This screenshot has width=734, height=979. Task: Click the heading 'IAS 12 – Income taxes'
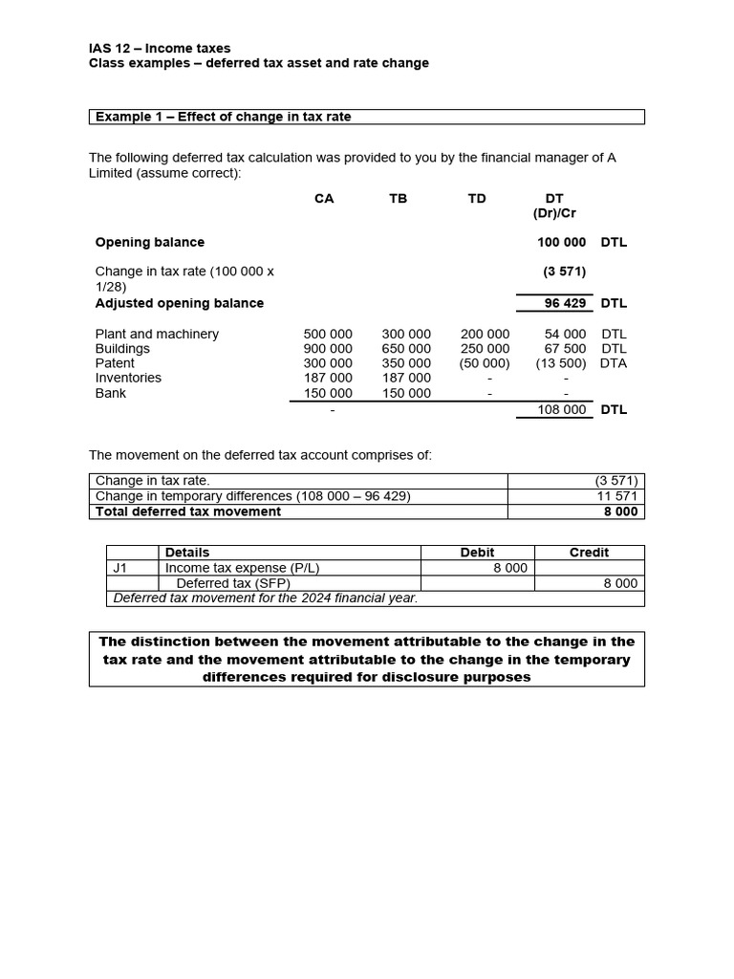pyautogui.click(x=160, y=48)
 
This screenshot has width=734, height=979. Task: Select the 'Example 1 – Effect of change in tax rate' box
pyautogui.click(x=367, y=117)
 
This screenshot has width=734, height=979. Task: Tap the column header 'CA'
pyautogui.click(x=324, y=199)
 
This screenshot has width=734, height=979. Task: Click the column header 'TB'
pyautogui.click(x=399, y=199)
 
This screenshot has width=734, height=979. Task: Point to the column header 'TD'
pyautogui.click(x=477, y=199)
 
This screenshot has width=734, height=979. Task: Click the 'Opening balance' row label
pyautogui.click(x=150, y=242)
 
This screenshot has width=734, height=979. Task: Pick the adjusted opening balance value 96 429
pyautogui.click(x=565, y=303)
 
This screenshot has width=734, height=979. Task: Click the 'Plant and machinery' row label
pyautogui.click(x=157, y=334)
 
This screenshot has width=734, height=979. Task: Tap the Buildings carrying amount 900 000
pyautogui.click(x=328, y=349)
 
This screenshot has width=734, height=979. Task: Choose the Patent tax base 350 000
pyautogui.click(x=406, y=363)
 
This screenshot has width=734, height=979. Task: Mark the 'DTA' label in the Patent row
pyautogui.click(x=614, y=363)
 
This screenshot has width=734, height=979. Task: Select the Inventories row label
pyautogui.click(x=128, y=378)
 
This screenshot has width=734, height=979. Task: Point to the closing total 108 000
pyautogui.click(x=562, y=409)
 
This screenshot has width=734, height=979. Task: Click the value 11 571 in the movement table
pyautogui.click(x=617, y=496)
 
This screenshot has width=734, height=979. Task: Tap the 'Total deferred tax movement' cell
pyautogui.click(x=188, y=511)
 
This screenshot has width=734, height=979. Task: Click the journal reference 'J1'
pyautogui.click(x=120, y=567)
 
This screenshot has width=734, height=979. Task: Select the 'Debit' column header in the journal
pyautogui.click(x=477, y=553)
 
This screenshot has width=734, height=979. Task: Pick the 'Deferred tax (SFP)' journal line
pyautogui.click(x=233, y=583)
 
